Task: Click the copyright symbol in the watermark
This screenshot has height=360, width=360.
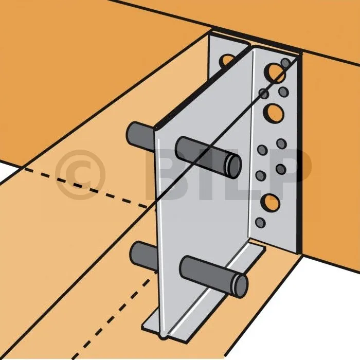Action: [80, 175]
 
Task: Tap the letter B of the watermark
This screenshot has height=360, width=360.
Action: [170, 174]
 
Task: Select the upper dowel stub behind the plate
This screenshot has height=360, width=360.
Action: [140, 137]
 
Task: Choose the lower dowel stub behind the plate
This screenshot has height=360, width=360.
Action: [143, 256]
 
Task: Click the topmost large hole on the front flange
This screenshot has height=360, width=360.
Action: [275, 73]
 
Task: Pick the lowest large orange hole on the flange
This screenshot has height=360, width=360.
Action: [271, 203]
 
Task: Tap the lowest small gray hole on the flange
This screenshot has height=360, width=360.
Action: [260, 223]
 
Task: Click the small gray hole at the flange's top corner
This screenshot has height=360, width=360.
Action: [285, 63]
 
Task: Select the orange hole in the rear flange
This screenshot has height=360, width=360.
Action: [227, 60]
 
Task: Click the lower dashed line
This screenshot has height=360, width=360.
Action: [115, 318]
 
